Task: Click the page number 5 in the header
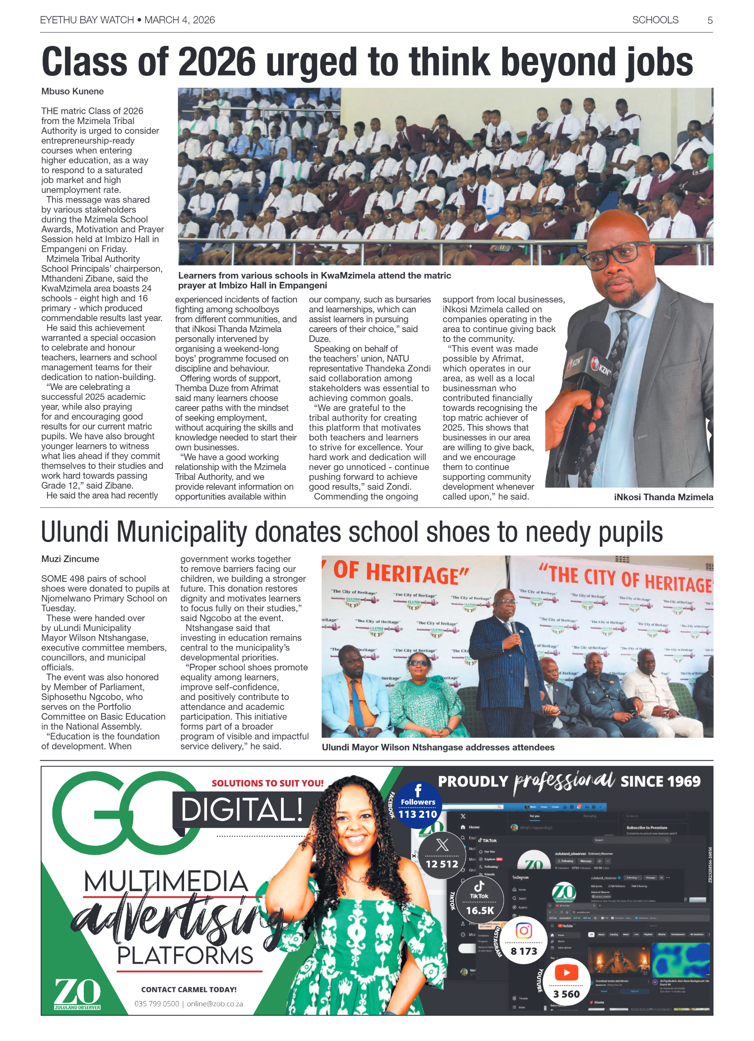pos(710,21)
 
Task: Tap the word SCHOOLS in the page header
pos(655,20)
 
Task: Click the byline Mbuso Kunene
pos(73,91)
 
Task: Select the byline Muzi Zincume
pos(70,559)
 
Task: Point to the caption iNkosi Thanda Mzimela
pos(663,497)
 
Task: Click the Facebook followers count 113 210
pos(417,814)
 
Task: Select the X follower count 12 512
pos(442,864)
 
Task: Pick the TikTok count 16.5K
pos(480,910)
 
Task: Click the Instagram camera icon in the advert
pos(524,930)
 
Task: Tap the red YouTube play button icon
pos(566,973)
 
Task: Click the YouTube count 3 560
pos(566,994)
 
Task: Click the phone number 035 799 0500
pos(156,1004)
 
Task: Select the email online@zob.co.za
pos(215,1004)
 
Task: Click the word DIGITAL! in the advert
pos(242,810)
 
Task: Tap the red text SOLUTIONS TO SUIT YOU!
pos(267,783)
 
